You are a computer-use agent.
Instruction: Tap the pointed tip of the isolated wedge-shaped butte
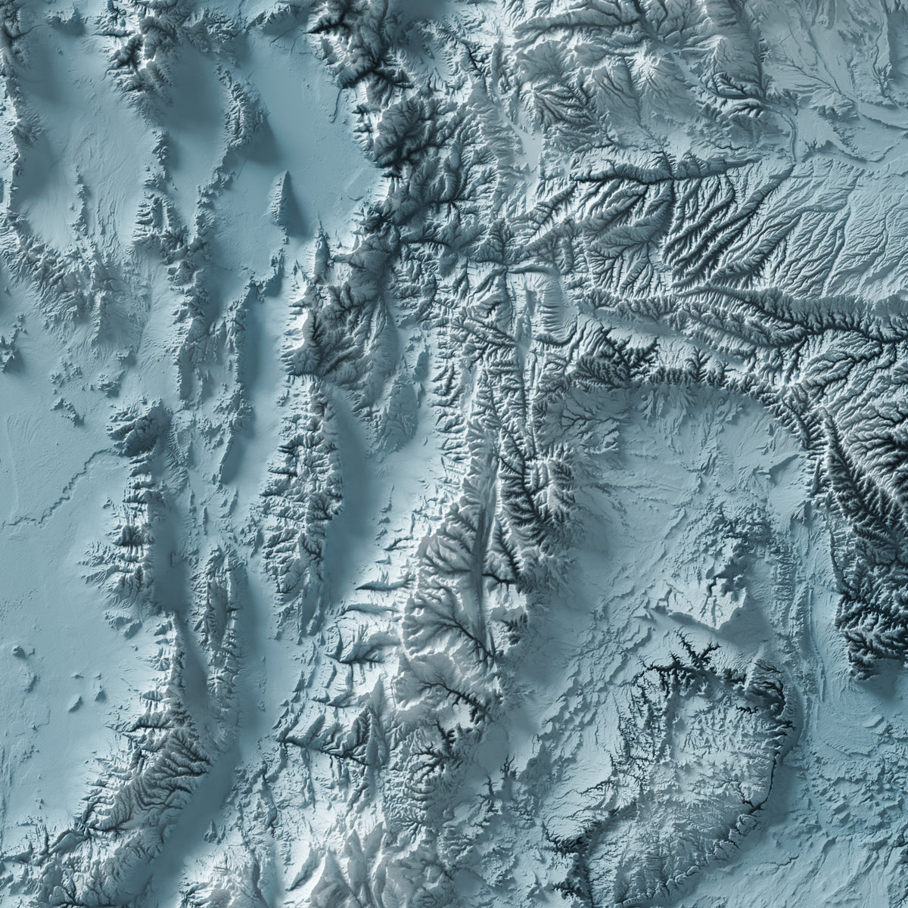(x=286, y=173)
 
